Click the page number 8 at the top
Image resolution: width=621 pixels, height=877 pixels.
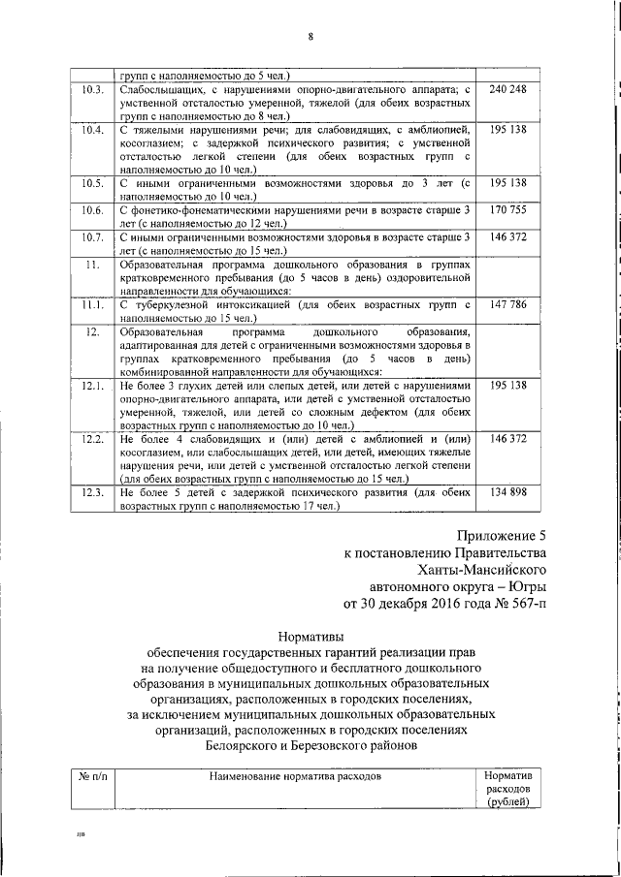click(x=310, y=38)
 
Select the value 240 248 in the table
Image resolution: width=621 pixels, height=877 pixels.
click(x=508, y=90)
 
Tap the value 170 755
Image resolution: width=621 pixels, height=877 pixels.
click(x=508, y=209)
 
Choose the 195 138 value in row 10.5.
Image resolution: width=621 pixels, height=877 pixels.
click(x=508, y=183)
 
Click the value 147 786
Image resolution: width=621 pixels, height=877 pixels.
click(x=508, y=303)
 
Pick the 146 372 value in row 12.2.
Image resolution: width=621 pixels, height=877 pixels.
click(x=508, y=439)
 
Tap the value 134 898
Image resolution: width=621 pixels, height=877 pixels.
click(x=508, y=492)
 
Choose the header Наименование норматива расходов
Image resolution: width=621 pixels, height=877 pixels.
click(x=292, y=776)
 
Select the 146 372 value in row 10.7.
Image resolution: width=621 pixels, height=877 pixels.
click(x=508, y=236)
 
